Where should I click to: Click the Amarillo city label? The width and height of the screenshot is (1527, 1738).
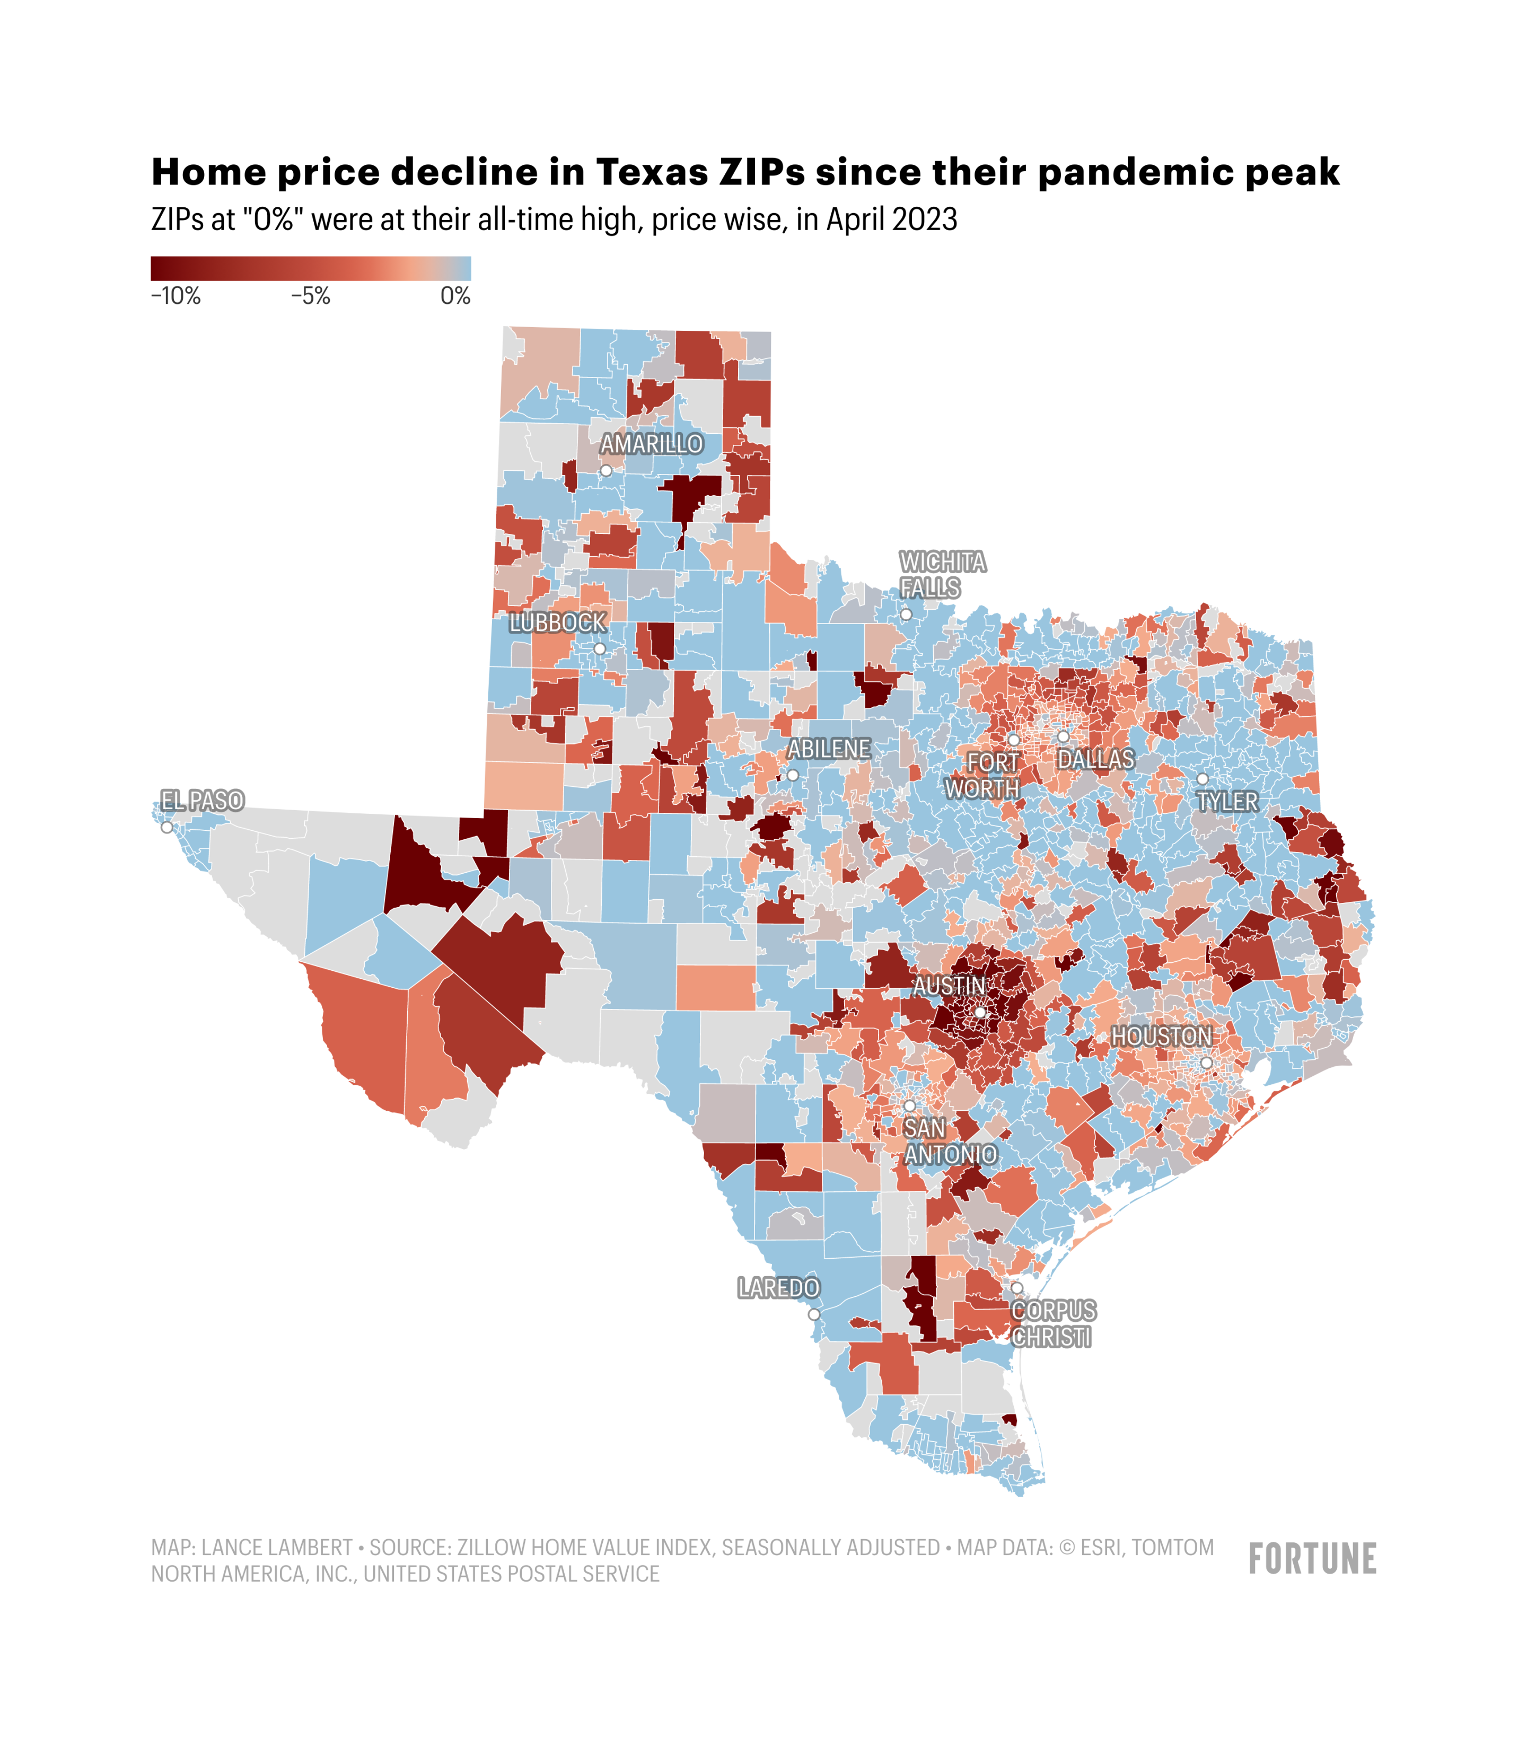[x=651, y=444]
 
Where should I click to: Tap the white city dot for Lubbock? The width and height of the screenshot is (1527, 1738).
[x=600, y=649]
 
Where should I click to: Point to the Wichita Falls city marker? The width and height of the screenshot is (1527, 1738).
[x=906, y=614]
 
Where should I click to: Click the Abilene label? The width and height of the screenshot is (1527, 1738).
[x=828, y=749]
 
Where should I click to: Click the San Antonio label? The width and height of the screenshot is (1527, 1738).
[x=949, y=1141]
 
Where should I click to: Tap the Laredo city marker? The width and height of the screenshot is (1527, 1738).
[x=814, y=1314]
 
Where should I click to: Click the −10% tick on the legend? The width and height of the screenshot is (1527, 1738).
[x=176, y=296]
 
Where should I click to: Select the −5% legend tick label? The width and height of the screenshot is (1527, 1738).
[x=310, y=296]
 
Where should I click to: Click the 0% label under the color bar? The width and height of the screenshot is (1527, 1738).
[x=455, y=296]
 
